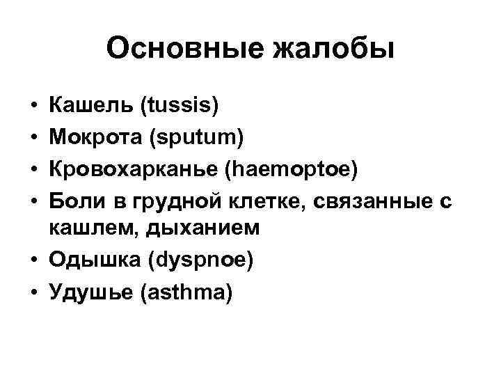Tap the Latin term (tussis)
tap(180, 107)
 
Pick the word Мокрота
tap(97, 138)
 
